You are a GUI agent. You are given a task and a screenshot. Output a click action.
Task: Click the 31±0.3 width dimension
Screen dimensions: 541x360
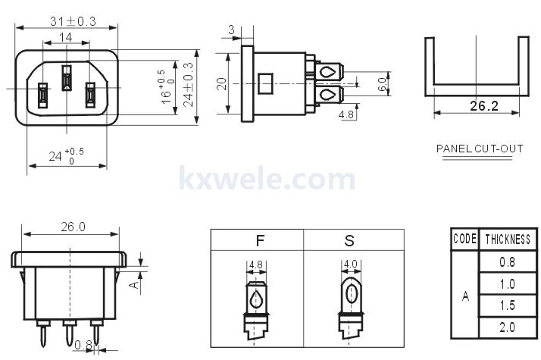(73, 21)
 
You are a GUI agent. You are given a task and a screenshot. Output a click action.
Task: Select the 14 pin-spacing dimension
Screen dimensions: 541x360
(66, 37)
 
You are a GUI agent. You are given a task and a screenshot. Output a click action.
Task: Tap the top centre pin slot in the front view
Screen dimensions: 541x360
(67, 77)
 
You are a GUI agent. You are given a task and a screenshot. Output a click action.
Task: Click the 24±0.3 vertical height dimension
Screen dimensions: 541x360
(189, 85)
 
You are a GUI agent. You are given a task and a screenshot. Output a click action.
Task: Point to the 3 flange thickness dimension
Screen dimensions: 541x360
(231, 30)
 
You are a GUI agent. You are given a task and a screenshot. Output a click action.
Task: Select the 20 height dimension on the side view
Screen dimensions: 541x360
(222, 84)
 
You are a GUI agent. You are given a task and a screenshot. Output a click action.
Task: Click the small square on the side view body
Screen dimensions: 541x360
(265, 83)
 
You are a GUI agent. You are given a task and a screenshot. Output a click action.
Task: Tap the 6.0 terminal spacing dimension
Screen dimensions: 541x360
(382, 84)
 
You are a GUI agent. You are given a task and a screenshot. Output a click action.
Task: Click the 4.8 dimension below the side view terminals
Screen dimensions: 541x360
(346, 114)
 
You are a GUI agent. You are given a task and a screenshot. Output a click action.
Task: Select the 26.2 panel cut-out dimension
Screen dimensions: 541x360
(484, 106)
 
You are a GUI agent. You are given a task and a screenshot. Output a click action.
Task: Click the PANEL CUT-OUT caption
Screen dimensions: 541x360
(480, 149)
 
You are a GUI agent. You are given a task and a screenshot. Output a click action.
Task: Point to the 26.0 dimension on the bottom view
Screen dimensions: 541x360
(73, 227)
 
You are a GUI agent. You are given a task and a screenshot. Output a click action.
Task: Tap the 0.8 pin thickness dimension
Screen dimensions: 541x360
(83, 345)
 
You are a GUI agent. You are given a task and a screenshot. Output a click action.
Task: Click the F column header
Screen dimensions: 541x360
(260, 240)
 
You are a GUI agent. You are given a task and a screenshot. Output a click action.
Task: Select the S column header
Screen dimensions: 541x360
(349, 240)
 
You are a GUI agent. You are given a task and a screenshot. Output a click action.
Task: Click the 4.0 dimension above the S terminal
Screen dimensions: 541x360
(350, 265)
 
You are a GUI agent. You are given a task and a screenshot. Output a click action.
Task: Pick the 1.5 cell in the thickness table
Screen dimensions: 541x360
(507, 305)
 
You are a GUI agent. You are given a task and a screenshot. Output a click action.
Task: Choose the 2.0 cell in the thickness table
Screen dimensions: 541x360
(507, 327)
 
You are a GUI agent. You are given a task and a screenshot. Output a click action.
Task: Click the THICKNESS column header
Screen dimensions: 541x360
(508, 239)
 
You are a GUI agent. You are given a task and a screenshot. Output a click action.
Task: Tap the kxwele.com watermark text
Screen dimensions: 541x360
(267, 178)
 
